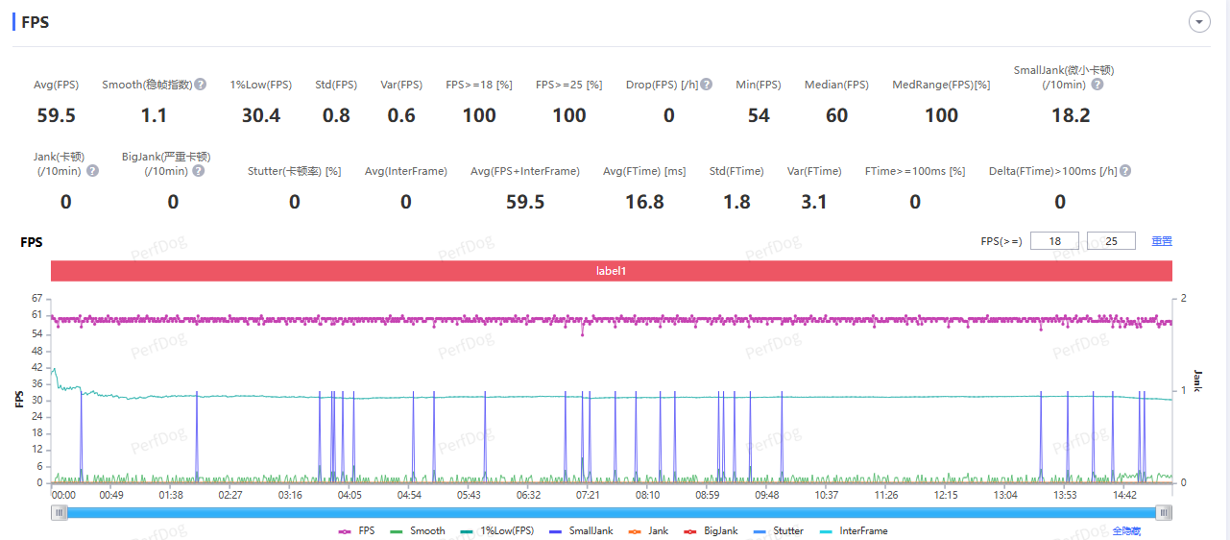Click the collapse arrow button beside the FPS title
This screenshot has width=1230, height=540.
click(1198, 22)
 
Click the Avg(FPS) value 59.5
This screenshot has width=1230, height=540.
click(56, 115)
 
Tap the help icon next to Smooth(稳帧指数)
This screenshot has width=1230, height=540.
click(201, 85)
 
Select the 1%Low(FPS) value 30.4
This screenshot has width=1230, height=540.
click(261, 115)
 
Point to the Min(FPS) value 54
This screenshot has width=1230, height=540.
click(759, 115)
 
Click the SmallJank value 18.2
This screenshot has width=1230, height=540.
click(1071, 115)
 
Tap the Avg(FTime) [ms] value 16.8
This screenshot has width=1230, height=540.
click(644, 202)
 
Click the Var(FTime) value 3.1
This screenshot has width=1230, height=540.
click(814, 202)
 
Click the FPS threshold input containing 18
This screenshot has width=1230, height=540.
click(1054, 241)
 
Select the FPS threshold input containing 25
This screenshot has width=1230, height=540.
click(1111, 241)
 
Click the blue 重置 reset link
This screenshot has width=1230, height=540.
click(1162, 241)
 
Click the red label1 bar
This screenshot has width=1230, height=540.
click(611, 271)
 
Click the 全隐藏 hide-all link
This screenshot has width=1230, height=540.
click(1126, 530)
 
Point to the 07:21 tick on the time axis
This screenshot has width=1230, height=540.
click(587, 495)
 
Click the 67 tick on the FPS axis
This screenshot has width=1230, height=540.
click(37, 298)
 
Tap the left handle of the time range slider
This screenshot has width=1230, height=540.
click(60, 513)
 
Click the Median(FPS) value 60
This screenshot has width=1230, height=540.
click(836, 115)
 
